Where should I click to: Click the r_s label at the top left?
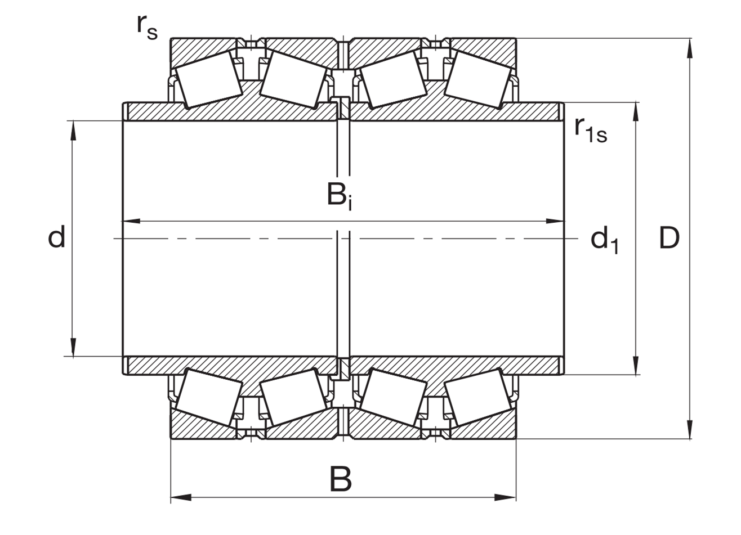(147, 29)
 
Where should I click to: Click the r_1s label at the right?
(591, 130)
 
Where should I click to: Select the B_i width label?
(340, 197)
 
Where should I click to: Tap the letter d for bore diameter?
(57, 237)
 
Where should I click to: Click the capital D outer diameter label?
(669, 237)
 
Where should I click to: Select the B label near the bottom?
(341, 479)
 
